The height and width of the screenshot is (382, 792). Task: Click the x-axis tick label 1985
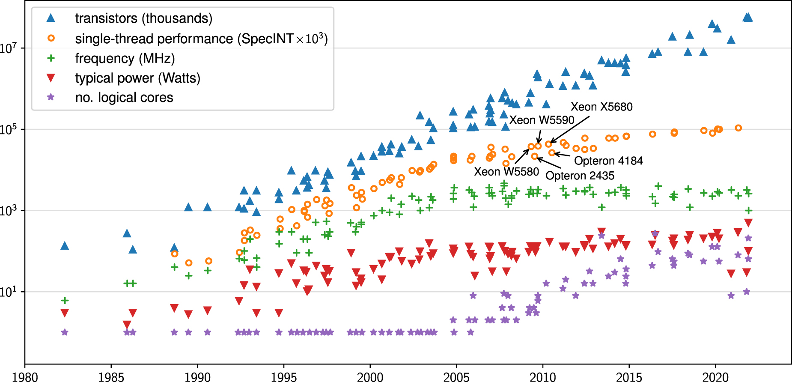tap(111, 377)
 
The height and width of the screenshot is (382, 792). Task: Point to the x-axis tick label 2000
tap(370, 377)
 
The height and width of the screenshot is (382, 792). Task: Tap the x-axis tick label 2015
tap(629, 377)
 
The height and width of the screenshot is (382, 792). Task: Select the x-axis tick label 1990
tap(197, 377)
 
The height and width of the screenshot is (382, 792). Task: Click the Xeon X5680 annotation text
tap(601, 107)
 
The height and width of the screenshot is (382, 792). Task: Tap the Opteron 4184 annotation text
tap(608, 161)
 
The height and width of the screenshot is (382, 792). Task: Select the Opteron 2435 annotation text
tap(580, 176)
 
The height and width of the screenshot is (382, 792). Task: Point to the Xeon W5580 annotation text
tap(506, 172)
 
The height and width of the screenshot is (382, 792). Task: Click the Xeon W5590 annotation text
tap(542, 120)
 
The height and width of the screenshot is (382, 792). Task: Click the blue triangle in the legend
tap(51, 18)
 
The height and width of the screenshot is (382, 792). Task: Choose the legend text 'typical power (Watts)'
tap(137, 78)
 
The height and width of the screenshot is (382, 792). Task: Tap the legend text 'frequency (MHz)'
tap(125, 58)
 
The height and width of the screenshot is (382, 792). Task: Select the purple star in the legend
tap(51, 97)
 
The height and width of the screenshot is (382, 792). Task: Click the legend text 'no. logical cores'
tap(124, 98)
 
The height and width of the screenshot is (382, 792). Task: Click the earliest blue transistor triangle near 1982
tap(65, 245)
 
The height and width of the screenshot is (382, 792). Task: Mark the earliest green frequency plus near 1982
tap(65, 300)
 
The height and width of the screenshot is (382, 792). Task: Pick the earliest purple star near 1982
tap(65, 332)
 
